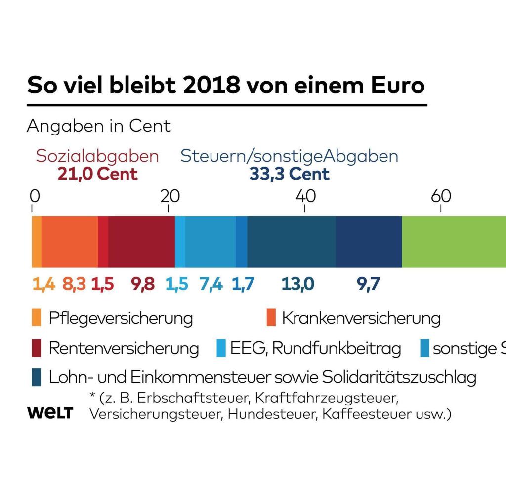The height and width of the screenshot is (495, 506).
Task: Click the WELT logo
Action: coord(49,413)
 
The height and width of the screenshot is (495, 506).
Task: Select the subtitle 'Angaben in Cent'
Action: coord(99,126)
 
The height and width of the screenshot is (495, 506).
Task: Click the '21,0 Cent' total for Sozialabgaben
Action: coord(97,174)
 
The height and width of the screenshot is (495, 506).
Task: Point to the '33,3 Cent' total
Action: coord(289,174)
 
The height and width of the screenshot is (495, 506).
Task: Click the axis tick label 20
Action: coord(169,196)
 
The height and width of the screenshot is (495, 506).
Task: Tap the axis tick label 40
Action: coord(305,196)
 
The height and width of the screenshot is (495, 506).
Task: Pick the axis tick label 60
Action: coord(441,196)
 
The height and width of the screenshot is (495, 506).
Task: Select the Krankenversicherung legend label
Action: coord(361,318)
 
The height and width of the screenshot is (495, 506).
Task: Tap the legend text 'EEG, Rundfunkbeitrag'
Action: coord(315,349)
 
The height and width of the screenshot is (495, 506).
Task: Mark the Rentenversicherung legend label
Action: coord(124,349)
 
